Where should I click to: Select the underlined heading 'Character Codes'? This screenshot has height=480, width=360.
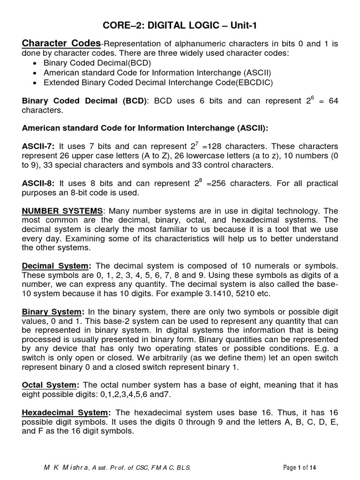point(61,44)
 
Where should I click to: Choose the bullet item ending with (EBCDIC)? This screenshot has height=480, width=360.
point(158,82)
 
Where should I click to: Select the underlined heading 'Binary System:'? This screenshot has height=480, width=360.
point(53,312)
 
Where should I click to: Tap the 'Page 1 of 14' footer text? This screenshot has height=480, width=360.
point(303,468)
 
